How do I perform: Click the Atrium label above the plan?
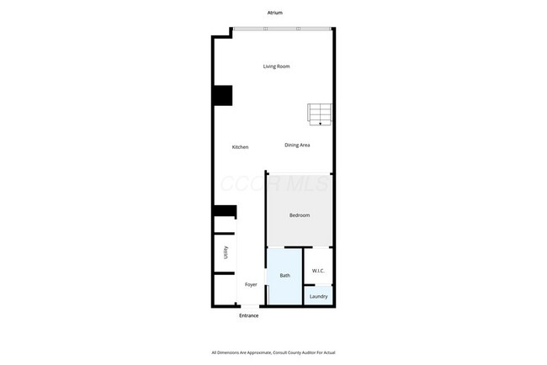point(273,13)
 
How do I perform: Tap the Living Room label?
point(276,66)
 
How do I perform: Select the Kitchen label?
point(240,147)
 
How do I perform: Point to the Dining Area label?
point(298,145)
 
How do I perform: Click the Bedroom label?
point(300,215)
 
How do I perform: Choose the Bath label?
point(284,275)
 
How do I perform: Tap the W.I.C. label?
point(318,270)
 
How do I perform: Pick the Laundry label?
point(318,296)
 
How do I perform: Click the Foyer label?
point(251,284)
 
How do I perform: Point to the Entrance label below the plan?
point(248,315)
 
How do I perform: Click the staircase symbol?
point(321,114)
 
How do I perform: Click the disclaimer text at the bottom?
point(273,352)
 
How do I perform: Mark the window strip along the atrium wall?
point(282,29)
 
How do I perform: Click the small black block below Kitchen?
point(225,211)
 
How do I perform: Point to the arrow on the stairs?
point(321,123)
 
